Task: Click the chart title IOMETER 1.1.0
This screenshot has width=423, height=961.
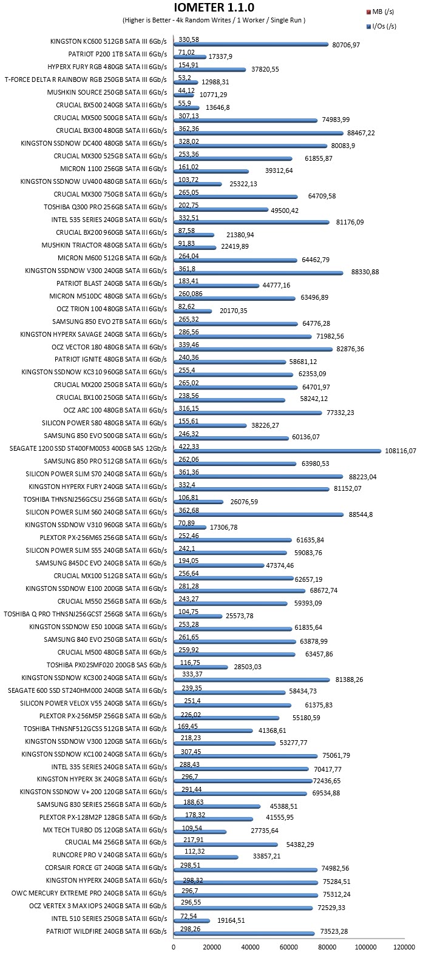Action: pos(214,8)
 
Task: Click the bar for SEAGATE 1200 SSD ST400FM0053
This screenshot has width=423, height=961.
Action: pos(277,450)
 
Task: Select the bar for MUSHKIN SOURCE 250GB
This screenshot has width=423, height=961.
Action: pos(184,95)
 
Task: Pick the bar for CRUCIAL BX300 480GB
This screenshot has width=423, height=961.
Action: pos(259,133)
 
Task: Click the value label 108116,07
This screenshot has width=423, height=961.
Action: pos(401,451)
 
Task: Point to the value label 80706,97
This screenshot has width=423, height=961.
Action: pos(346,45)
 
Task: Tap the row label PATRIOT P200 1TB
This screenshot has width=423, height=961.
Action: pos(118,55)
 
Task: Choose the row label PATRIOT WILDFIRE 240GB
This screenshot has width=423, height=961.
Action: pos(106,931)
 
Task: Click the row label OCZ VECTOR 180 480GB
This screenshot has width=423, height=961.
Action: pos(109,347)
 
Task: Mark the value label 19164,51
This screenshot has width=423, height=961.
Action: pos(231,920)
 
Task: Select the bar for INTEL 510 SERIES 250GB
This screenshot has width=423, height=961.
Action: pos(192,921)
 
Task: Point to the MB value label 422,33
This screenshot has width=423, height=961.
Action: pos(189,447)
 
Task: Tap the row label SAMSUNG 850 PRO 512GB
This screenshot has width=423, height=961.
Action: pos(106,461)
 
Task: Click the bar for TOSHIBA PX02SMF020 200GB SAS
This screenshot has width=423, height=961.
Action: pos(201,667)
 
